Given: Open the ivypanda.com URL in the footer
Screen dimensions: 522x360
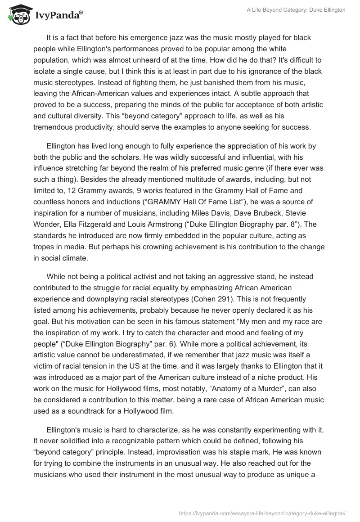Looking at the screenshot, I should coord(262,513).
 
